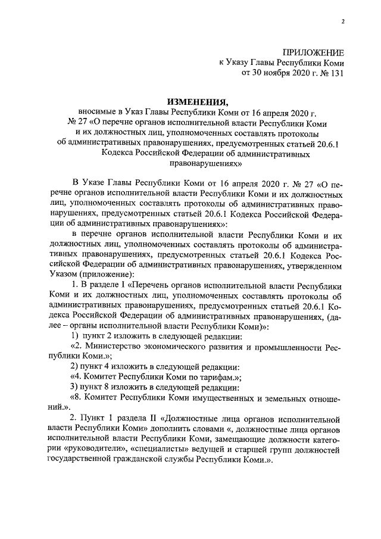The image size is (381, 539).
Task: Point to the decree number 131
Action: click(336, 73)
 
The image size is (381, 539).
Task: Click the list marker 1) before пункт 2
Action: click(75, 337)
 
